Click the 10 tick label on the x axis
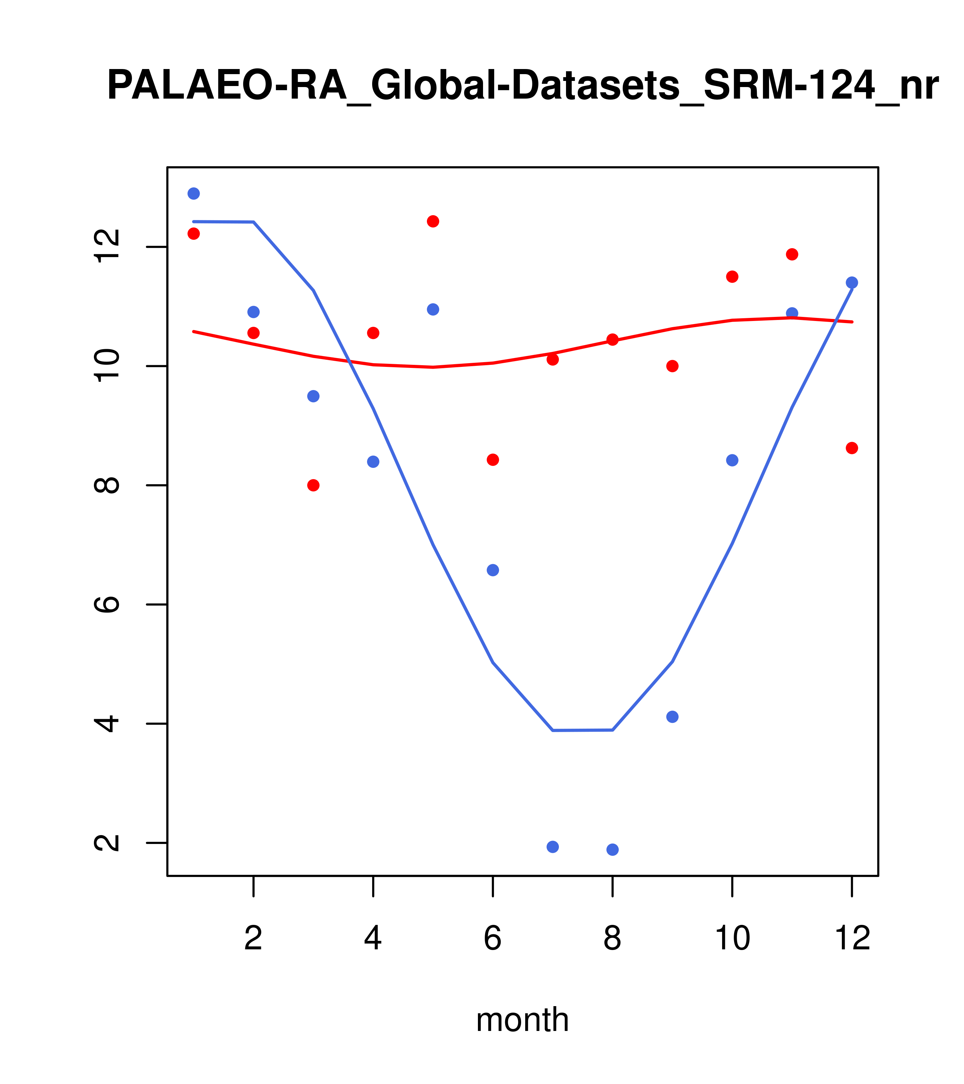pyautogui.click(x=732, y=939)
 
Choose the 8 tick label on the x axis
pyautogui.click(x=612, y=939)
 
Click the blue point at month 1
pyautogui.click(x=194, y=193)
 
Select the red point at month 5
pyautogui.click(x=433, y=221)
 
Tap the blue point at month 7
pyautogui.click(x=552, y=847)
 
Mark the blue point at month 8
pyautogui.click(x=612, y=850)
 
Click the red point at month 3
pyautogui.click(x=314, y=485)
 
